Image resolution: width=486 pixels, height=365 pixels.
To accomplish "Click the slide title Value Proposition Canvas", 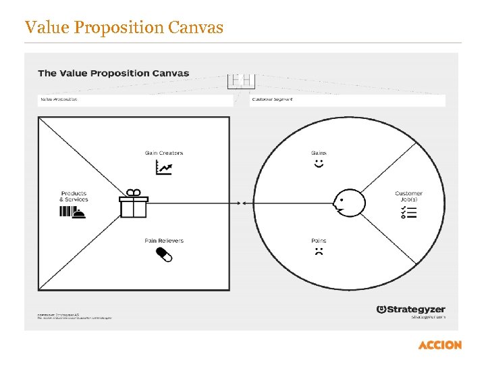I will coord(124,28).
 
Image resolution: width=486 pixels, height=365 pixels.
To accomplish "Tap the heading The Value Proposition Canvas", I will coord(113,73).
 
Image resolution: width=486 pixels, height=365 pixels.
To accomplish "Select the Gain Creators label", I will coord(164,153).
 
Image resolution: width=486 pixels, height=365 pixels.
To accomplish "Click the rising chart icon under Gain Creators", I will coord(163,168).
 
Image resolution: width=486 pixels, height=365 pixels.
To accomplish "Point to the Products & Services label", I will coord(74,197).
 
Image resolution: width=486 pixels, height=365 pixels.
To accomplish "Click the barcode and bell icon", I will coord(74,212).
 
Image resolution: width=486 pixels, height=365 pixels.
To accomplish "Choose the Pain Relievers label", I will coord(164,241).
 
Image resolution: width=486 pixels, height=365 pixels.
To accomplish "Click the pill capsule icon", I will coord(164,254).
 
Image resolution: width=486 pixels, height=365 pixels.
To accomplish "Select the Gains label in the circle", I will coord(319,153).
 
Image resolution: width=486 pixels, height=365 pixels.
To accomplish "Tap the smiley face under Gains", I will coord(319,164).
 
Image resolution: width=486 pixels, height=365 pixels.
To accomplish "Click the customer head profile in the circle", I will coord(346,203).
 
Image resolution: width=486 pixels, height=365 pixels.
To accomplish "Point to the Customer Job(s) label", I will coord(408,197).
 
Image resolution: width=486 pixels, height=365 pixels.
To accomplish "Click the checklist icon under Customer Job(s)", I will coord(408,212).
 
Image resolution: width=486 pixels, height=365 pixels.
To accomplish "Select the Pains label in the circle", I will coord(319,241).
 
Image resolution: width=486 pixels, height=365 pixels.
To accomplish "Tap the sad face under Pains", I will coord(319,252).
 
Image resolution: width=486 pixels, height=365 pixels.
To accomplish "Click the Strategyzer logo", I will coord(412,309).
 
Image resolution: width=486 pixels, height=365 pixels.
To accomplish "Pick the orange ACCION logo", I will coord(439,345).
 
